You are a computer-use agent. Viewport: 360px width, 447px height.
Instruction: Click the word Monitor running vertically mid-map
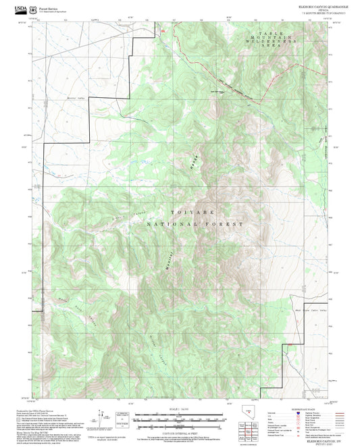tap(170, 260)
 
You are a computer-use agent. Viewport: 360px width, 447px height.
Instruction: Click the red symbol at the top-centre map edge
tap(162, 30)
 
